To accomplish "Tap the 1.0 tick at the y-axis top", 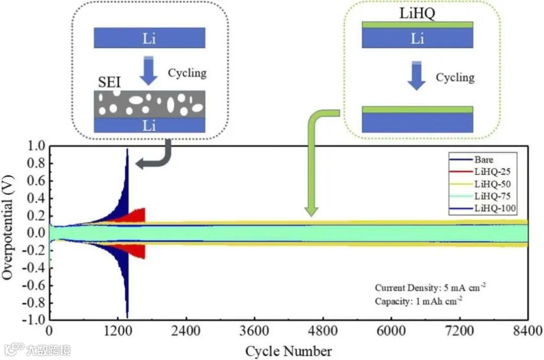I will click(38, 147).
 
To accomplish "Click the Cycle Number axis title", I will click(289, 350).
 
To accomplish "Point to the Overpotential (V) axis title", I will click(8, 233).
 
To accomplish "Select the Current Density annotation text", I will click(430, 287).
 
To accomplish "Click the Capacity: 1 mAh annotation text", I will click(419, 301).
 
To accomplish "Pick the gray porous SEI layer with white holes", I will click(150, 104).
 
